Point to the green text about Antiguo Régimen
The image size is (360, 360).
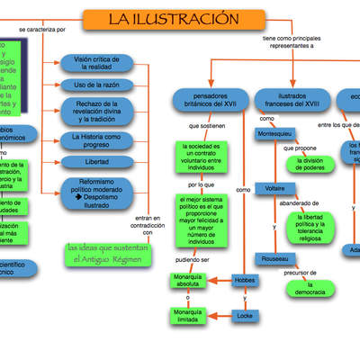pyautogui.click(x=104, y=253)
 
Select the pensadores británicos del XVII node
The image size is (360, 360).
pyautogui.click(x=210, y=99)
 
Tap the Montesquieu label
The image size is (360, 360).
pyautogui.click(x=274, y=133)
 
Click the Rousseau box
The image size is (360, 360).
pyautogui.click(x=275, y=258)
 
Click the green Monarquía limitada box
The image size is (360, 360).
pyautogui.click(x=189, y=314)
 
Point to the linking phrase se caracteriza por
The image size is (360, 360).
pyautogui.click(x=41, y=30)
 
